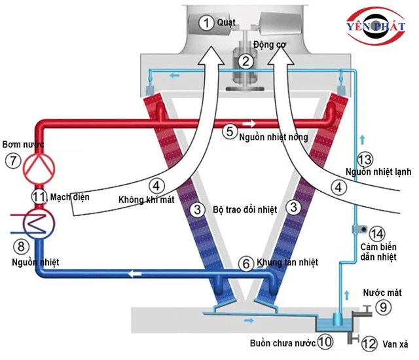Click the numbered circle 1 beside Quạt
(207, 24)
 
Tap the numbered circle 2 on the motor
(246, 62)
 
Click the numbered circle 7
(11, 160)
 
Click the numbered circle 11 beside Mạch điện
(39, 196)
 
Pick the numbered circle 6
(246, 263)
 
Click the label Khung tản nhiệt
(287, 262)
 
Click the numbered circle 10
(325, 341)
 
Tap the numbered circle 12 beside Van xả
(369, 342)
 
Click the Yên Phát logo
(375, 27)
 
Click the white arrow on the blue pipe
(136, 273)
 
